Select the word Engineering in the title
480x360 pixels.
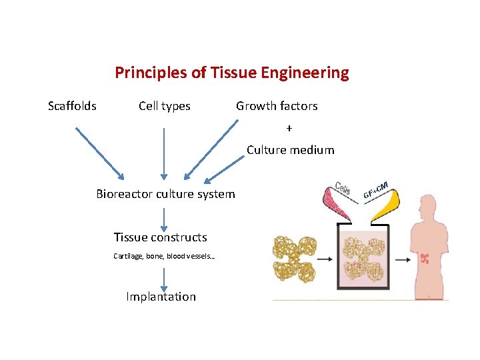(311, 73)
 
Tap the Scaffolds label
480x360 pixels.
(72, 106)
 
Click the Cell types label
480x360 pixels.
(164, 106)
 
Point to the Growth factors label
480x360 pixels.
(277, 106)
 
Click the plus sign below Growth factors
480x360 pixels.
(289, 128)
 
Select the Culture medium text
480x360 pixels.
(290, 150)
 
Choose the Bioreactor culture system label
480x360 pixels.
(165, 195)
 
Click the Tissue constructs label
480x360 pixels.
(160, 237)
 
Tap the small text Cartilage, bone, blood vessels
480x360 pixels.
(163, 256)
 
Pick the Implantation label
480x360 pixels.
(161, 297)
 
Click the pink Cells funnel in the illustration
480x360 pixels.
(339, 201)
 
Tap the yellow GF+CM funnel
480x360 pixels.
(385, 203)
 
